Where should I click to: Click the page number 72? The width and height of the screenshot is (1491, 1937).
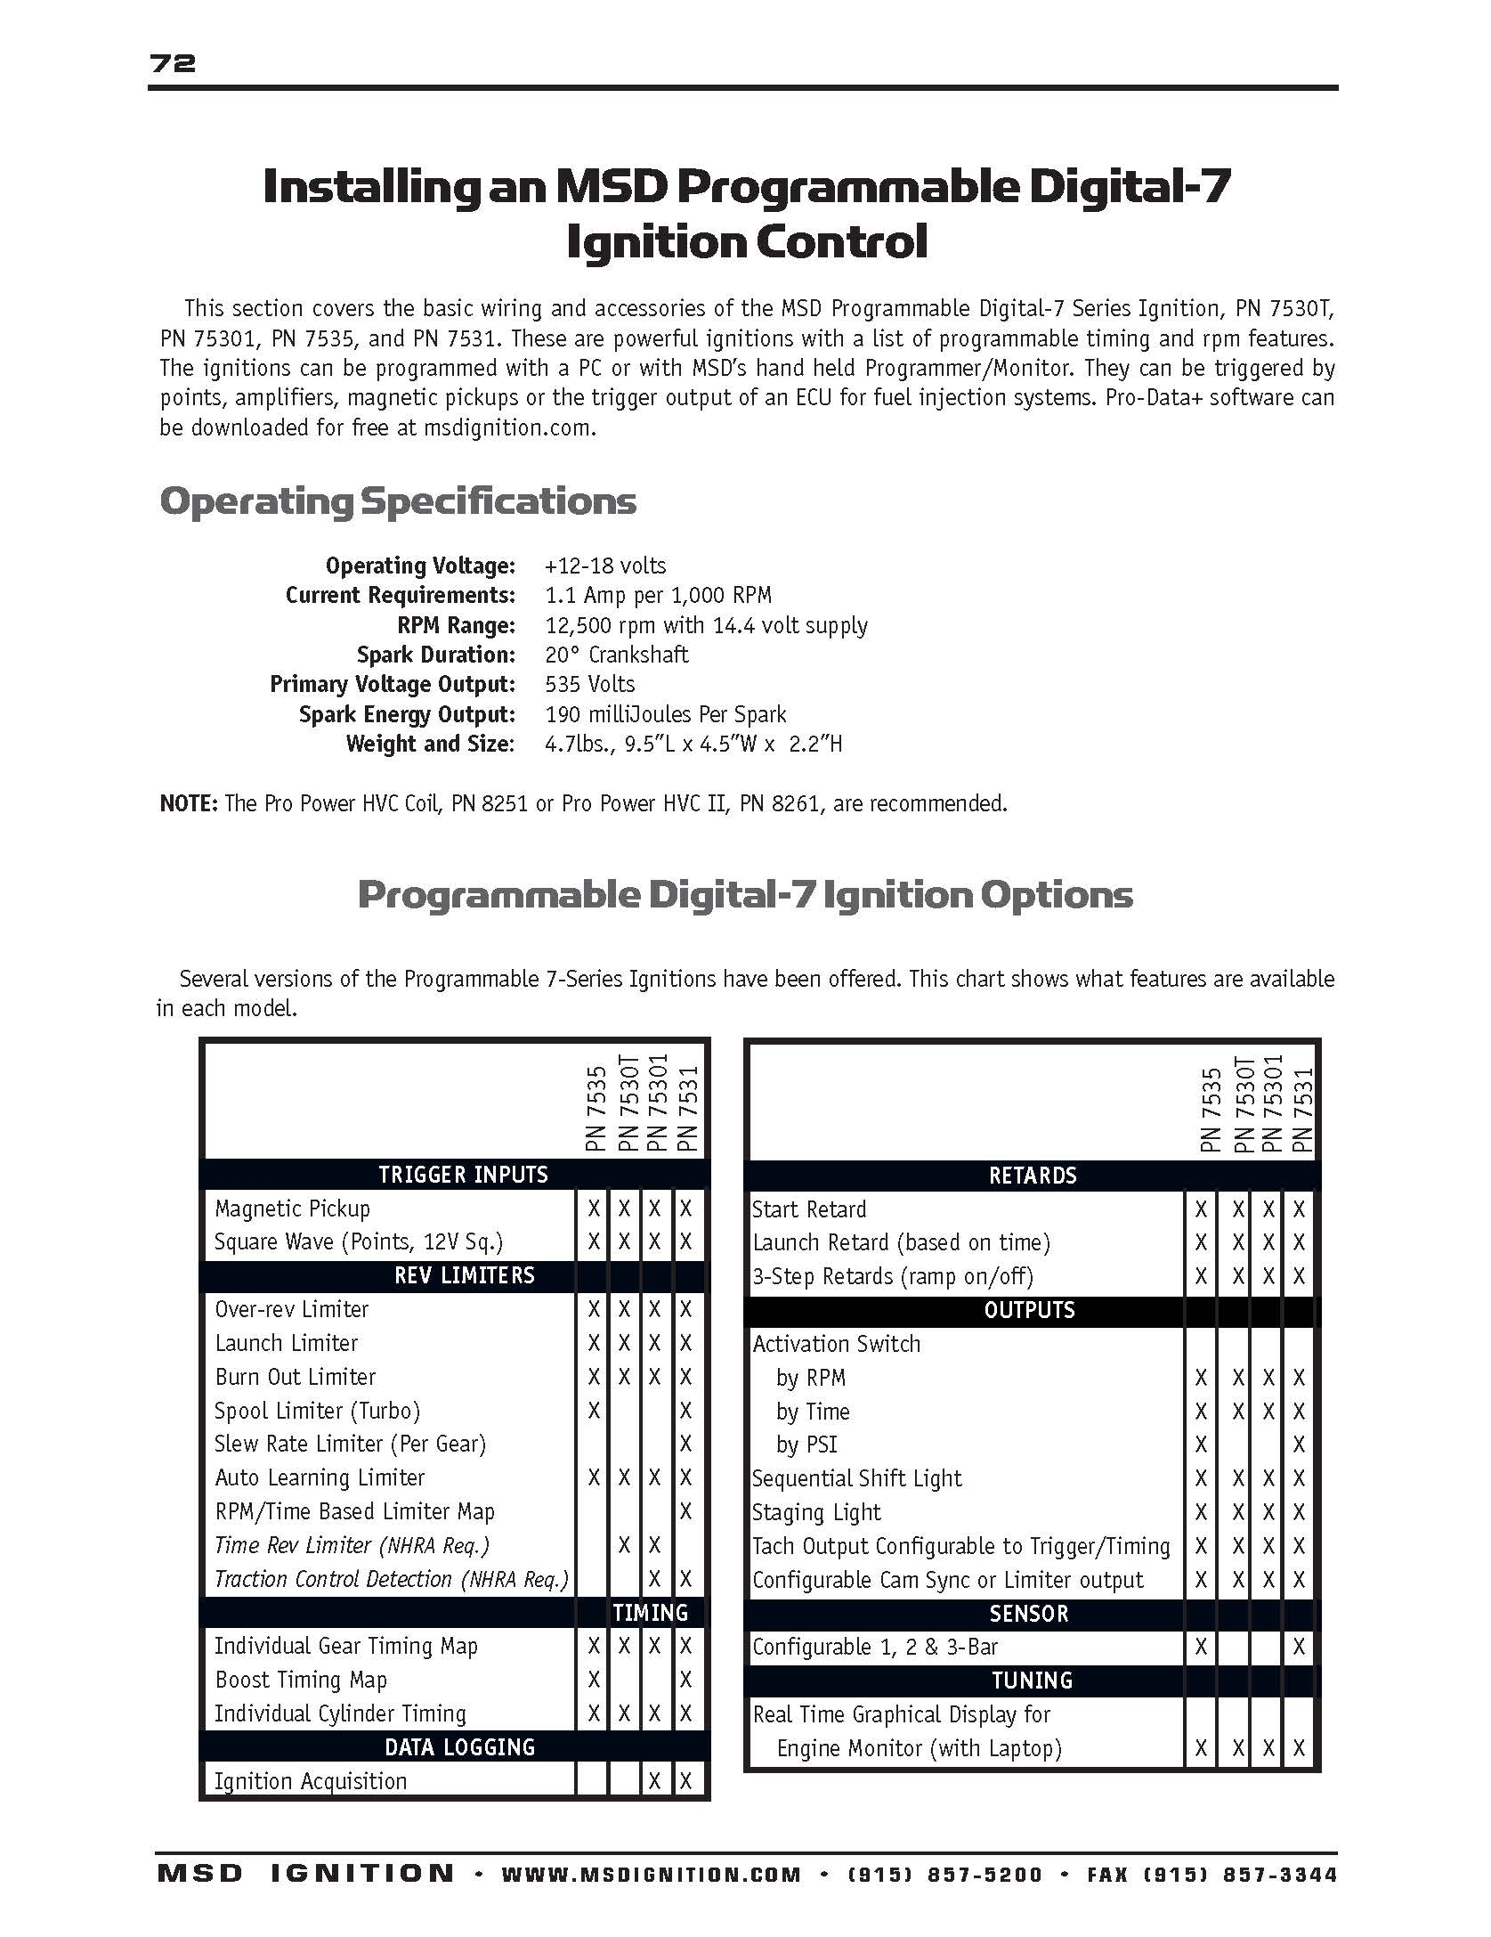(173, 63)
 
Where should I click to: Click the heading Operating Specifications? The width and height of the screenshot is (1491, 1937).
(398, 501)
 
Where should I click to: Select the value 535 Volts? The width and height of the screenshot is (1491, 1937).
(589, 684)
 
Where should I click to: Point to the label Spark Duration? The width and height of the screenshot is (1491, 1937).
(435, 655)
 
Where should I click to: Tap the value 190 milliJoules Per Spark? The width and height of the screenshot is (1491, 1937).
(665, 714)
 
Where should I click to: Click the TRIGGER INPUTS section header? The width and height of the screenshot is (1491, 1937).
(463, 1175)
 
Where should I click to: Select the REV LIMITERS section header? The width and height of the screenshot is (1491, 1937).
(464, 1275)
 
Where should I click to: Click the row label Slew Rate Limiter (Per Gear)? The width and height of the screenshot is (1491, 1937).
(350, 1444)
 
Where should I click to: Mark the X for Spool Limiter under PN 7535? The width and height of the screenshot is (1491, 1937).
(594, 1411)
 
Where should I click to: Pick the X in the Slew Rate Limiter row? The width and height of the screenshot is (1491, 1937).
(685, 1444)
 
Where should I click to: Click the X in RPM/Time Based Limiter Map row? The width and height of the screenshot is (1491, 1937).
(685, 1511)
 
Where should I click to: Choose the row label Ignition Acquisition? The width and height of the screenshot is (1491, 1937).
(310, 1781)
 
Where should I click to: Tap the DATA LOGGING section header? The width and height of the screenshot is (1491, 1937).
(459, 1747)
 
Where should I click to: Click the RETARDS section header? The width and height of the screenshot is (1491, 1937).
(1033, 1176)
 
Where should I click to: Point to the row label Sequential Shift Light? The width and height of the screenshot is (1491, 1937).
(856, 1478)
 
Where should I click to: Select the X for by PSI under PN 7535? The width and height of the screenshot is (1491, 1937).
(1201, 1445)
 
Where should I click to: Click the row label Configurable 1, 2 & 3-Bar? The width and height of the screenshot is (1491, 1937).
(874, 1647)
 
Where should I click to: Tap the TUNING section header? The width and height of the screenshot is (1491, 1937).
(1032, 1681)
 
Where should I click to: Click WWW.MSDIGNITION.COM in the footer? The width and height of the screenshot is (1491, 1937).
(651, 1876)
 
